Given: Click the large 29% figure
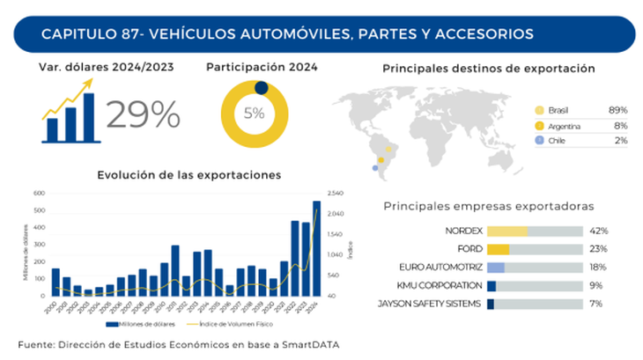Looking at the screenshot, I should click(144, 114).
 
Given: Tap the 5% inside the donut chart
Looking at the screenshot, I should click(255, 113).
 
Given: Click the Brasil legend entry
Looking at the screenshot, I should click(558, 110).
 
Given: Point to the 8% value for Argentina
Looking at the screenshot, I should click(617, 126).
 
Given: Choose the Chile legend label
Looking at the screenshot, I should click(558, 141).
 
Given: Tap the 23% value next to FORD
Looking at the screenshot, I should click(600, 249).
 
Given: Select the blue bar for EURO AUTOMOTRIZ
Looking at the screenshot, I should click(496, 267).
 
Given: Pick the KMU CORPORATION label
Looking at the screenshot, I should click(441, 285).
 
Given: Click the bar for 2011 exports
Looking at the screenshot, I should click(175, 270).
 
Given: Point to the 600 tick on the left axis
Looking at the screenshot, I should click(39, 193).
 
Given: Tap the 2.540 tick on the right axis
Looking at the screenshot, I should click(335, 193).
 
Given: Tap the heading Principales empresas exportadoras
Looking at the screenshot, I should click(489, 207).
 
